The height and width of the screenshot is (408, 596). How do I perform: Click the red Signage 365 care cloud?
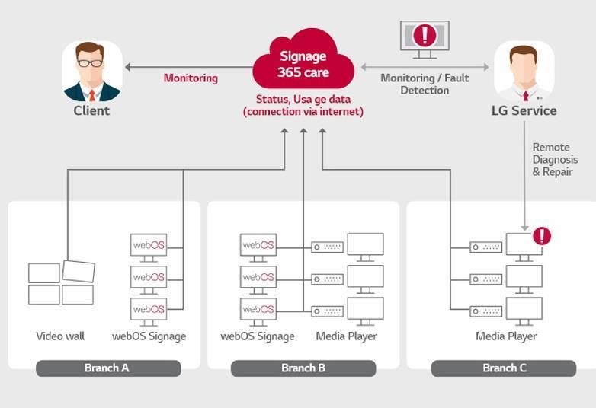(x=303, y=61)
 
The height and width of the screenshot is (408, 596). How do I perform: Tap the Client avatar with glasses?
(x=91, y=72)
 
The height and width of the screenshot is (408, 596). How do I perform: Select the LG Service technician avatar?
(x=524, y=72)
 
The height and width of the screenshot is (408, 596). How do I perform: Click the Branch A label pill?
(x=107, y=368)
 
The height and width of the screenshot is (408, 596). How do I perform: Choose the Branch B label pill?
(x=303, y=368)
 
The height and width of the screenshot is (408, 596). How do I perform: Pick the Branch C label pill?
(x=504, y=368)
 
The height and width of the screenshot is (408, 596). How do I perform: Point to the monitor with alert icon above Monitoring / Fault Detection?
(x=425, y=38)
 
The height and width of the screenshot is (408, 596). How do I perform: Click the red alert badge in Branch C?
(x=542, y=236)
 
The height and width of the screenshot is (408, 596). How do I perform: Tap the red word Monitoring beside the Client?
(x=191, y=78)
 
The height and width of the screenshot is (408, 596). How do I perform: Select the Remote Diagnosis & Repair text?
(x=555, y=160)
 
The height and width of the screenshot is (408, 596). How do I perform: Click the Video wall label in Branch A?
(x=60, y=336)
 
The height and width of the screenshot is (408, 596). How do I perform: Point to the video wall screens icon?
(x=61, y=283)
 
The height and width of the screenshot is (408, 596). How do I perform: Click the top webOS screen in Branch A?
(x=149, y=245)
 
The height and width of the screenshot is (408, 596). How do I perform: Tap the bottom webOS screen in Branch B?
(x=258, y=309)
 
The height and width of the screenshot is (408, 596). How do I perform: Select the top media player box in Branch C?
(x=485, y=247)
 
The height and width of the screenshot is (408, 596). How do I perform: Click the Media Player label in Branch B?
(x=346, y=336)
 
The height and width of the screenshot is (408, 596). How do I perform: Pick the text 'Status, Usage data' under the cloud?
(x=303, y=99)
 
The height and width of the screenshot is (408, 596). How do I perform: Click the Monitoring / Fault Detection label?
(x=425, y=84)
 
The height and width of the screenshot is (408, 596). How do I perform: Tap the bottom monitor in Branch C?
(x=524, y=309)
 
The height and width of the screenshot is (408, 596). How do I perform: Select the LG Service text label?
(x=524, y=110)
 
